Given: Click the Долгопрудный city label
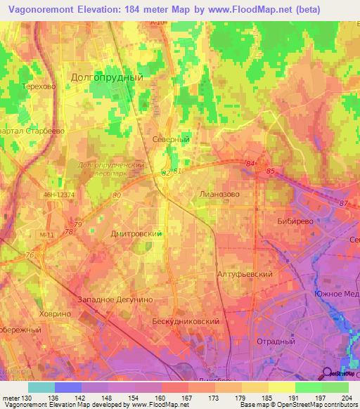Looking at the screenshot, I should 108,77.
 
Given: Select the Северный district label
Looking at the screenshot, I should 172,140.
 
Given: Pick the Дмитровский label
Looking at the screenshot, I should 137,233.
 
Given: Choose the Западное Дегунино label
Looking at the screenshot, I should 115,299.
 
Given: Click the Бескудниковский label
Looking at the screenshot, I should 186,320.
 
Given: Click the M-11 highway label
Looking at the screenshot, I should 47,235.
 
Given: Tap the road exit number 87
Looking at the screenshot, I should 343,203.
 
